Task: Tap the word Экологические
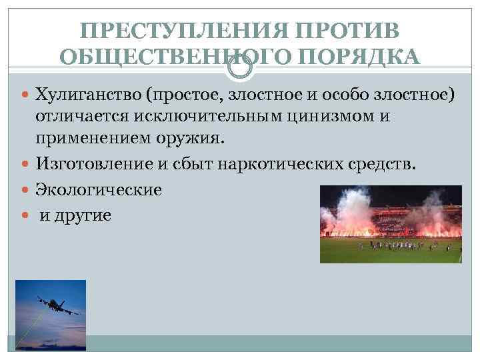pyautogui.click(x=99, y=189)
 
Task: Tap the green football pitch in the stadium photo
pyautogui.click(x=391, y=252)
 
